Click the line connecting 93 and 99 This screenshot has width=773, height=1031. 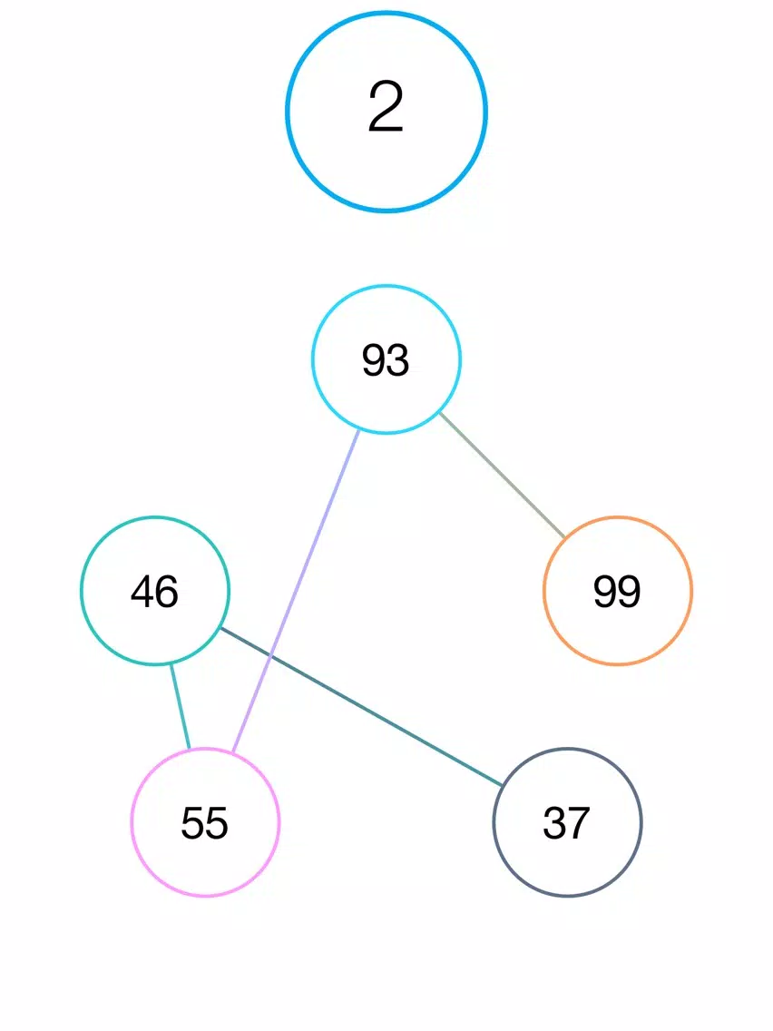click(x=503, y=475)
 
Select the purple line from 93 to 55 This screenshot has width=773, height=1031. click(x=296, y=591)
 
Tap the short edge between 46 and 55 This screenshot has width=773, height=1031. click(x=181, y=706)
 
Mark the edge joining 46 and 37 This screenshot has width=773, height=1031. click(x=361, y=706)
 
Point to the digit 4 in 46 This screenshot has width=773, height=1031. click(x=142, y=591)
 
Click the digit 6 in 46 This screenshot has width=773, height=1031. click(x=167, y=591)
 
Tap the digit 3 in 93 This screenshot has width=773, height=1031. click(x=398, y=360)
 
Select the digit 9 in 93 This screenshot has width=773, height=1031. click(x=374, y=360)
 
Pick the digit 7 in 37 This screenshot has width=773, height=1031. click(x=579, y=823)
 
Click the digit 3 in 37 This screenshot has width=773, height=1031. click(x=554, y=823)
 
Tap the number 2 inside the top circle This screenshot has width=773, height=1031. click(x=386, y=106)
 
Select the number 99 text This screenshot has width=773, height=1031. click(x=617, y=591)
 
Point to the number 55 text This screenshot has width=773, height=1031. click(x=204, y=823)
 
